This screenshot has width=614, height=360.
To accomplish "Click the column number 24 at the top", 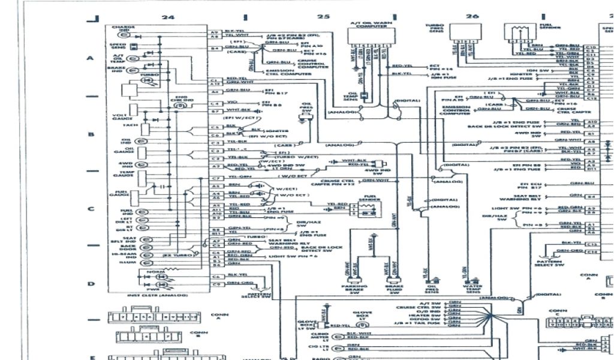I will [168, 17].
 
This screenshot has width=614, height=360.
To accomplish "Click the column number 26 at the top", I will [472, 16].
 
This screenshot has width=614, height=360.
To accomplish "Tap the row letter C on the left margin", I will [91, 209].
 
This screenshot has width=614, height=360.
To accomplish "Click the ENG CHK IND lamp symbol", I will [179, 105].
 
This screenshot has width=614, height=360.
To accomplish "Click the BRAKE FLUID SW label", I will [393, 290].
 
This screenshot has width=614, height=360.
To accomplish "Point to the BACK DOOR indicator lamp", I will [143, 247].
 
